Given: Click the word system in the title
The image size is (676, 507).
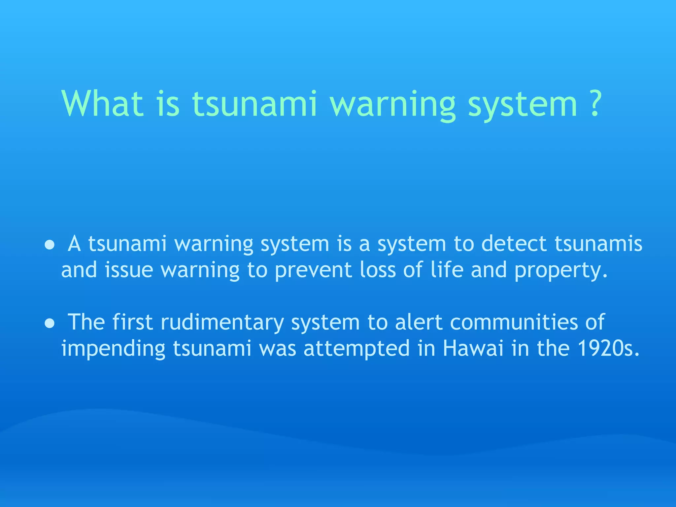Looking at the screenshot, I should (x=523, y=106).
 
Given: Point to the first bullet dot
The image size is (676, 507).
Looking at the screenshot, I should (x=50, y=245).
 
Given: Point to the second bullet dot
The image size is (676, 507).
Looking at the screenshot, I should (x=50, y=323).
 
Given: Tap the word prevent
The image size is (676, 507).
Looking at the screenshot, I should (x=313, y=271).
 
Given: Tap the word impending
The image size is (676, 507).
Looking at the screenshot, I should (x=113, y=349).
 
